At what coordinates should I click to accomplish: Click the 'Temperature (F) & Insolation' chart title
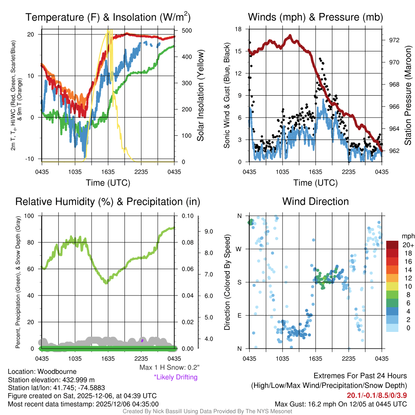click(x=108, y=17)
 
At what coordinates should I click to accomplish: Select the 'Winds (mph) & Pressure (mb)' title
click(x=315, y=17)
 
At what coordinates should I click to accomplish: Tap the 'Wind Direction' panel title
click(x=315, y=201)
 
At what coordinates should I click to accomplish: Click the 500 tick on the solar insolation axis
click(x=186, y=31)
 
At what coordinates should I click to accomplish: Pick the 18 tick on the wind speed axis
click(x=238, y=29)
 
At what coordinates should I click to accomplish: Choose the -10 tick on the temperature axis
click(x=31, y=158)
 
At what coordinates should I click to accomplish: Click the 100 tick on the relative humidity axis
click(x=30, y=216)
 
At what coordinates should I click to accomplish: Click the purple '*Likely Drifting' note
click(x=175, y=377)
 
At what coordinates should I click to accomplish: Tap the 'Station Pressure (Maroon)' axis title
click(x=408, y=95)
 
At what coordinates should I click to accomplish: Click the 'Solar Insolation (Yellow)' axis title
click(x=200, y=95)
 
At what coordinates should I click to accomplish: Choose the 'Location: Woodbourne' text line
click(x=42, y=372)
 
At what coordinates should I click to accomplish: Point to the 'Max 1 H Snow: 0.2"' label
click(x=169, y=368)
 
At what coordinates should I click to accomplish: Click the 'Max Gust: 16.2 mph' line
click(x=340, y=404)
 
